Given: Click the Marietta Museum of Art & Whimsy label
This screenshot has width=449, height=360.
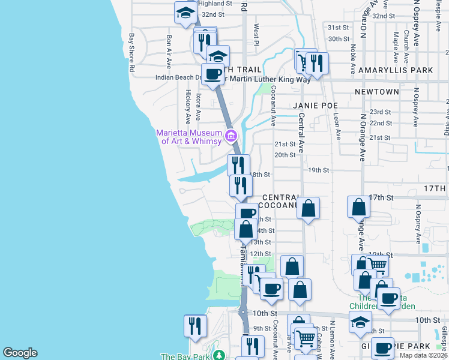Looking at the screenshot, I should tap(188, 137).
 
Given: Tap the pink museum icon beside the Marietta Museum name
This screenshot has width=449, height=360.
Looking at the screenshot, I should tap(231, 136).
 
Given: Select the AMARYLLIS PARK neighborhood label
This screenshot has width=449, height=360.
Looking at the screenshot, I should tap(403, 70).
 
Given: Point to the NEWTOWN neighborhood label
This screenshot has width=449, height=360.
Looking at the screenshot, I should tap(376, 92).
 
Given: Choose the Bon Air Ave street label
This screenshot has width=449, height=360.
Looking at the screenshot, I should tap(169, 52).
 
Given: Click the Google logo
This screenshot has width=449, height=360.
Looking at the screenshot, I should tap(20, 353).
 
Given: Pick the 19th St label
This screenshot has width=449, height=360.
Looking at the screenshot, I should tap(318, 170).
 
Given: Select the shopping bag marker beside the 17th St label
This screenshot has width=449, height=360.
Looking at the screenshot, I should tap(358, 207).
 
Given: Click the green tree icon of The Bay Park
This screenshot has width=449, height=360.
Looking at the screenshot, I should tap(219, 356).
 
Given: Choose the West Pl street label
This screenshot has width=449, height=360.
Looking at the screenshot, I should tap(256, 35).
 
